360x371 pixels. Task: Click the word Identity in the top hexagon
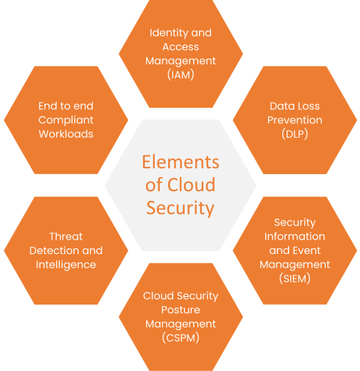click(x=169, y=34)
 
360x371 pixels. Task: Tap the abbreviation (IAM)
click(x=180, y=75)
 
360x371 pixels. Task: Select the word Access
click(x=180, y=47)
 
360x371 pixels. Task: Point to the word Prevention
click(x=294, y=120)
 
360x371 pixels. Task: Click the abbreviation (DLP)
click(x=294, y=134)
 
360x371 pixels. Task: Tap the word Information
click(x=294, y=236)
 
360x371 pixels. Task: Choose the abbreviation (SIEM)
click(x=294, y=278)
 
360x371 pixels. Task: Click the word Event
click(x=307, y=250)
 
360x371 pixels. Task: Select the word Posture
click(x=180, y=310)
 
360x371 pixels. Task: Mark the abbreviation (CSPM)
click(x=180, y=337)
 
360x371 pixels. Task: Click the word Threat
click(x=66, y=236)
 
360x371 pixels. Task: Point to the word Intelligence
click(x=66, y=265)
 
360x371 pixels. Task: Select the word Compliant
click(x=66, y=121)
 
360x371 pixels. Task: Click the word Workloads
click(x=66, y=134)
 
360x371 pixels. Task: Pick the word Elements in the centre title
click(x=180, y=162)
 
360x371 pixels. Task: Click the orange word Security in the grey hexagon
click(x=180, y=208)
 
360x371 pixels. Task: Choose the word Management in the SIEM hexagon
click(x=294, y=265)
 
